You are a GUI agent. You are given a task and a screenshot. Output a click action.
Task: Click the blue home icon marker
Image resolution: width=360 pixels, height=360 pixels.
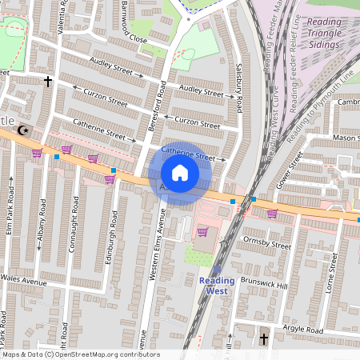[x=180, y=173]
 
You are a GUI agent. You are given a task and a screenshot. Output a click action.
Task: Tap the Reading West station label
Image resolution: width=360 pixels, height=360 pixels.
[x=214, y=286]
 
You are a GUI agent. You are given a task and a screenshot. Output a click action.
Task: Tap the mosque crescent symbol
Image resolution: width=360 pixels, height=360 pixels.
[x=23, y=129]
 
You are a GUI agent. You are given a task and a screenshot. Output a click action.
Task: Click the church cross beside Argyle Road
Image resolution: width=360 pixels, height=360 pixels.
[x=264, y=340]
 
